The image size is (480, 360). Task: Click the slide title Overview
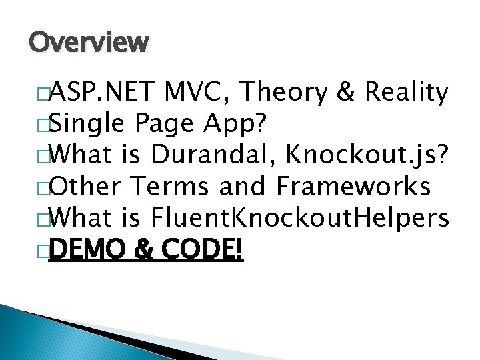pyautogui.click(x=89, y=43)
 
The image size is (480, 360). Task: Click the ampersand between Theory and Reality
pyautogui.click(x=345, y=93)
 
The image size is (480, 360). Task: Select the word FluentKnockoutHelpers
pyautogui.click(x=301, y=217)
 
